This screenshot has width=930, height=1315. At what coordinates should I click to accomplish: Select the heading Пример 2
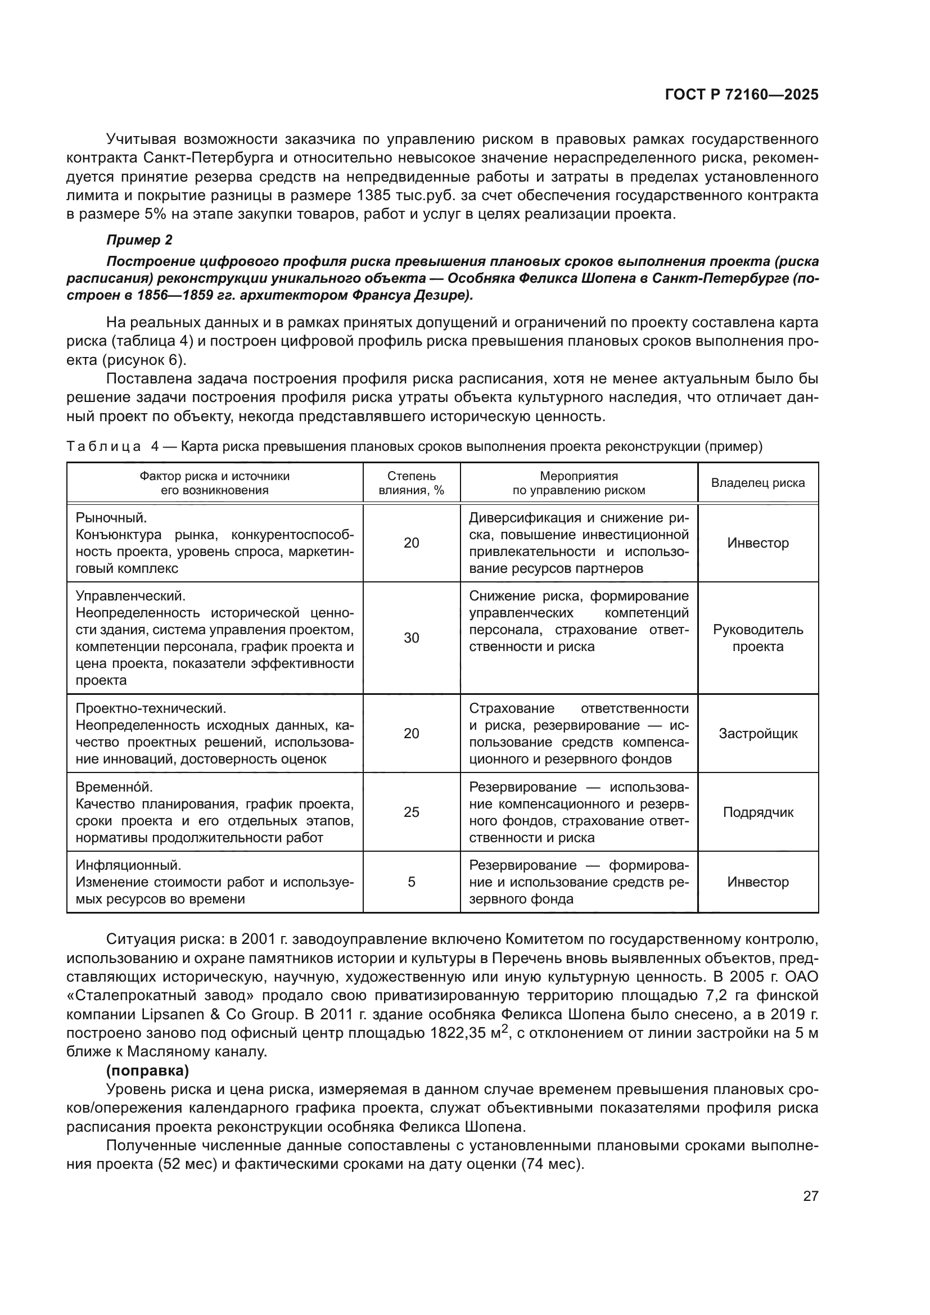click(x=139, y=240)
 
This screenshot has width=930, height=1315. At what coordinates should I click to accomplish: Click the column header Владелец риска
click(x=757, y=483)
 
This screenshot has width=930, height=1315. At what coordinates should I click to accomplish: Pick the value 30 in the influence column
click(x=411, y=638)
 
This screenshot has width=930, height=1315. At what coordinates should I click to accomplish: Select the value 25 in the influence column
click(x=411, y=812)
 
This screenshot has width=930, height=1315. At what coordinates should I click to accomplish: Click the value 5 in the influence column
click(x=411, y=882)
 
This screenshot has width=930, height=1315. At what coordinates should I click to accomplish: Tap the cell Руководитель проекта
click(x=757, y=638)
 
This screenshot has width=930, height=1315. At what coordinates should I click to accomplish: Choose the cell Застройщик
click(x=757, y=734)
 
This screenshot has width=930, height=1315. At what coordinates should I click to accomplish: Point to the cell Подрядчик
click(x=757, y=812)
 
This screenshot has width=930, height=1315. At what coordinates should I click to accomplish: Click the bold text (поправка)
click(x=148, y=1070)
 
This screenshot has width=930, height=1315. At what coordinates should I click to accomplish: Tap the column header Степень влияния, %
click(x=411, y=483)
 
